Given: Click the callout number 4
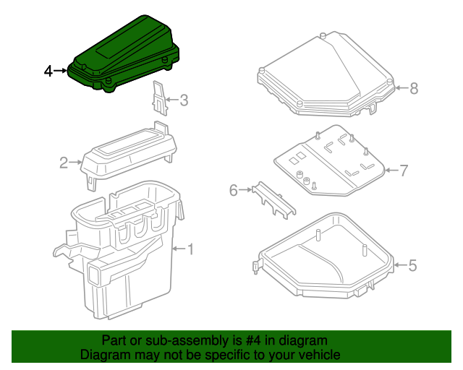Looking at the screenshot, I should tap(48, 71).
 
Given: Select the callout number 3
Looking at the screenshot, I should tap(184, 100).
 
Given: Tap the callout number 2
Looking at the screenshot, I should tap(64, 162).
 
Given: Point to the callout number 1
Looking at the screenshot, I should tap(191, 250).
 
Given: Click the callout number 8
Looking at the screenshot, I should tap(414, 88).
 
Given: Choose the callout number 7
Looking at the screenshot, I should tap(404, 171).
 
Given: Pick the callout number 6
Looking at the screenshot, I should tap(233, 190).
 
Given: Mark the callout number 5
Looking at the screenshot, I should tap(412, 265).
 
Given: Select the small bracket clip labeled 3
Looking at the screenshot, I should tap(159, 98).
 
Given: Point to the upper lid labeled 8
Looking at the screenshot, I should tap(326, 72).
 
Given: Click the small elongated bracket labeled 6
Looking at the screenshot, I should tap(273, 199).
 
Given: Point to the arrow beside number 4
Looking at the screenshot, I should tap(61, 71).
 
